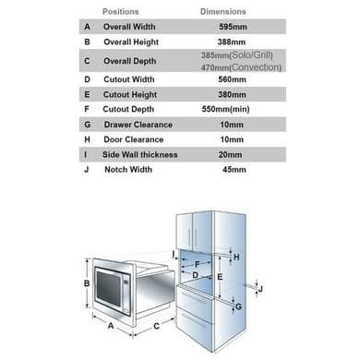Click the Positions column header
[121, 12]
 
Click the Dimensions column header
[223, 12]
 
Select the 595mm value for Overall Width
[233, 27]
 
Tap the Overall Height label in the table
[131, 42]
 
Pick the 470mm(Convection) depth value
[241, 67]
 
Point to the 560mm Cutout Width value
[232, 79]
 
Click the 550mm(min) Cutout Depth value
[225, 109]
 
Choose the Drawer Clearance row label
[138, 125]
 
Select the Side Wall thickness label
[140, 154]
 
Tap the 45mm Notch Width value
[234, 170]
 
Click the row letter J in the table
[87, 170]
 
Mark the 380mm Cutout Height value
[232, 94]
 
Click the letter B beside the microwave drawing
[87, 283]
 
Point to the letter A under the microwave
[111, 325]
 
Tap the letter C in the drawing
[156, 326]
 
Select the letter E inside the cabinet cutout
[220, 277]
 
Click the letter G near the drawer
[238, 306]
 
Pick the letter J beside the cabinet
[260, 289]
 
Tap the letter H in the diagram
[236, 257]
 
